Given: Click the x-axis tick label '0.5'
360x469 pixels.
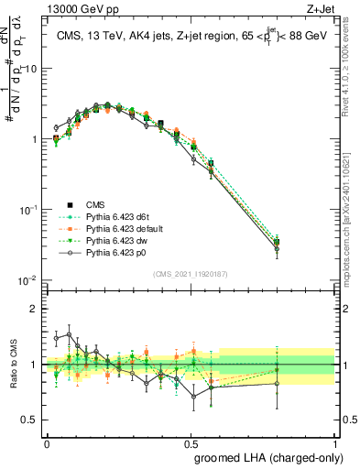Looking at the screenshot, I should pyautogui.click(x=191, y=442).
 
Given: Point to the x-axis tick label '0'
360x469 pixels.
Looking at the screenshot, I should pyautogui.click(x=47, y=442).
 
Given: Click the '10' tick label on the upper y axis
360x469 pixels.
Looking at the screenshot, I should pyautogui.click(x=30, y=70).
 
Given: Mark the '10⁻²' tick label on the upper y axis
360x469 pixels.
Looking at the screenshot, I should pyautogui.click(x=28, y=280).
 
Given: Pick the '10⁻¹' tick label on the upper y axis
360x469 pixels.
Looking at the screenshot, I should pyautogui.click(x=28, y=210).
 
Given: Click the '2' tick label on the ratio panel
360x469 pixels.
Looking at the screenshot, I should pyautogui.click(x=35, y=309).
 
